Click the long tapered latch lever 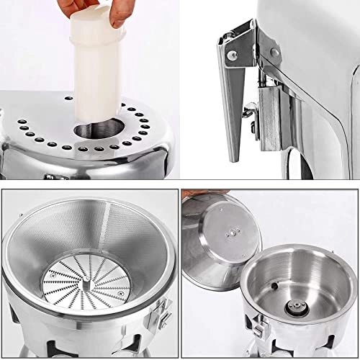[235, 101]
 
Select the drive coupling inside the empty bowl [295, 304]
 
